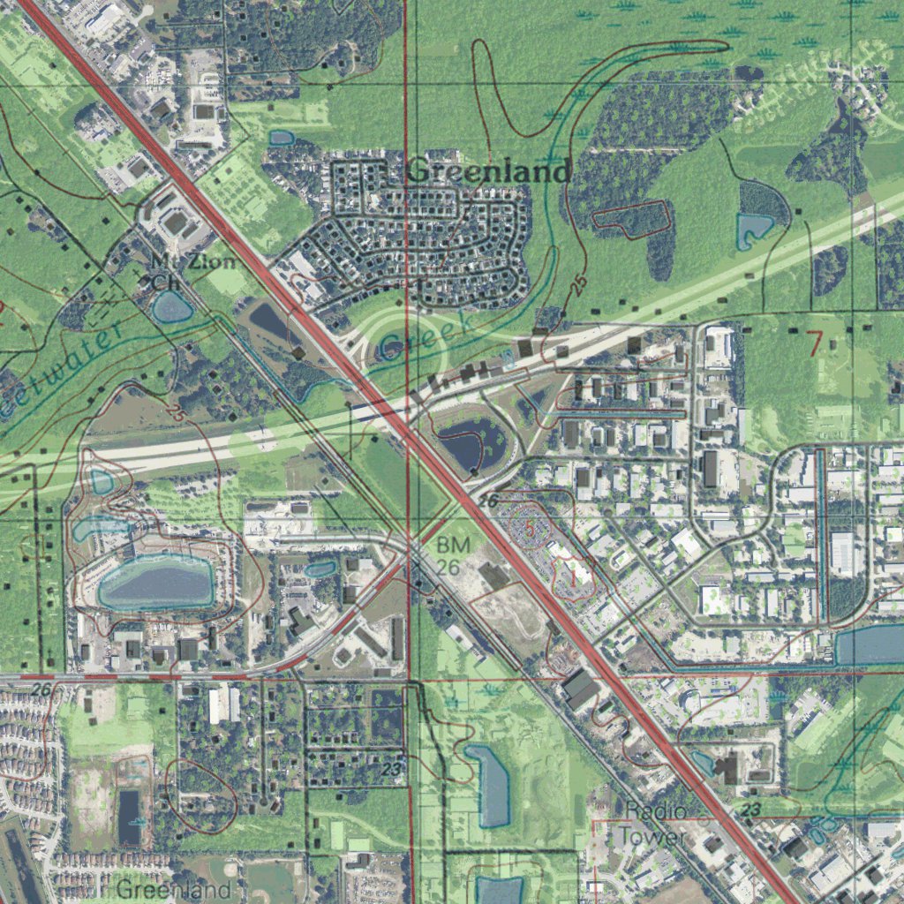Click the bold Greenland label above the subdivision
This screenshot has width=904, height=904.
pyautogui.click(x=489, y=171)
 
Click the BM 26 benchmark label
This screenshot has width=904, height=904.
pyautogui.click(x=451, y=555)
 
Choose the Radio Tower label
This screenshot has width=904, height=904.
pyautogui.click(x=652, y=822)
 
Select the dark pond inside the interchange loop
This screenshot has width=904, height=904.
pyautogui.click(x=469, y=442)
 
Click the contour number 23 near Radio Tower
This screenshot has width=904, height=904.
pyautogui.click(x=752, y=810)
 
